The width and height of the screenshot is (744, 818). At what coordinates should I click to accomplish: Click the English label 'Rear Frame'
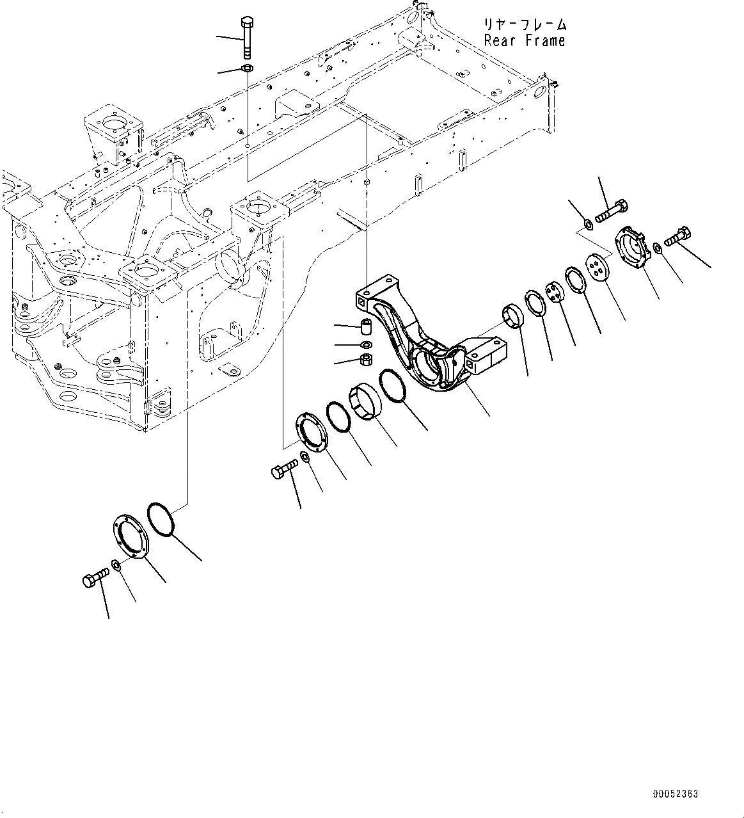525,40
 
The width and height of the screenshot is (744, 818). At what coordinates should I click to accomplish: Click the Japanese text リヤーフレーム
525,25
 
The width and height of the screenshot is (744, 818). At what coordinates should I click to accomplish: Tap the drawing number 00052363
676,794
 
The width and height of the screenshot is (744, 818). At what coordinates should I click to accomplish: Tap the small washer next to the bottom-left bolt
115,565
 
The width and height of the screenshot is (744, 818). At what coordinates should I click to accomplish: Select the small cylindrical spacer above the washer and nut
367,326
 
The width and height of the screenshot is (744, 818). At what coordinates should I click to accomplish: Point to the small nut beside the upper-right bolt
586,224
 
